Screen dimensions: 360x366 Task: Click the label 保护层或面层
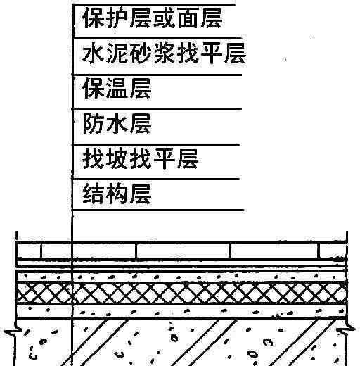point(153,18)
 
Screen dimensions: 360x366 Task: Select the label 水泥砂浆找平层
point(164,53)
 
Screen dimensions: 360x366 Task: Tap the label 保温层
point(117,88)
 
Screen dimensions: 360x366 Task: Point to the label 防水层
point(117,124)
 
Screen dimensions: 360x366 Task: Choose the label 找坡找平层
point(141,158)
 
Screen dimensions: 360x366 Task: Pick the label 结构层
point(117,194)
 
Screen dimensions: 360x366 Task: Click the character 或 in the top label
point(165,18)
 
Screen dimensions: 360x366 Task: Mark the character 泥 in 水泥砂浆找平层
point(117,53)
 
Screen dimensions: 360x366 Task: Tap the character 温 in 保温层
point(117,88)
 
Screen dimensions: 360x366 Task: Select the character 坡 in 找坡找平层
point(117,158)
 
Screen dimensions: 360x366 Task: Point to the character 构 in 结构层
point(117,194)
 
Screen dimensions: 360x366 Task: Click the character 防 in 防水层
point(94,124)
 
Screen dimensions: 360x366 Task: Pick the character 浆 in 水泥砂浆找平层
point(165,53)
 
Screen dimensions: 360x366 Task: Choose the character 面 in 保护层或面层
point(188,18)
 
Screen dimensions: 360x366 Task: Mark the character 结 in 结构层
point(94,194)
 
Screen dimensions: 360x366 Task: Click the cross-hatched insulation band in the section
point(181,293)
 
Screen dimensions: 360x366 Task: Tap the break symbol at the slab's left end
point(12,332)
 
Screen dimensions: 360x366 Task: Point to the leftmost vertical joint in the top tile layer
point(41,251)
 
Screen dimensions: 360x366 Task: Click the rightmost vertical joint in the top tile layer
point(319,251)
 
